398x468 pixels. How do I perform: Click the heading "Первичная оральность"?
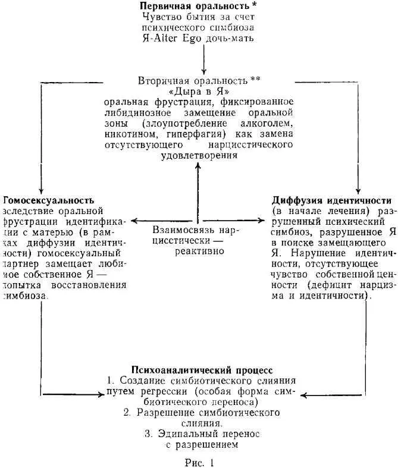point(190,6)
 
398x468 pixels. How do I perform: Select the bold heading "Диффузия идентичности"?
point(331,200)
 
